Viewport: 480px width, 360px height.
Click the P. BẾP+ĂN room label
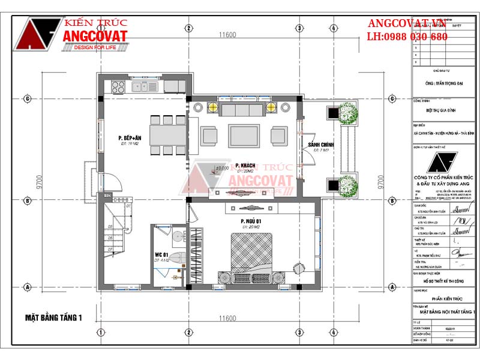point(130,139)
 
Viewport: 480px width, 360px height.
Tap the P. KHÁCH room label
point(245,166)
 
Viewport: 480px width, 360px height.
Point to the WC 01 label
point(160,255)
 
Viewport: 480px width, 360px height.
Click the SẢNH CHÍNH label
point(320,145)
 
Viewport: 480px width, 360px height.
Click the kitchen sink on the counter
point(136,87)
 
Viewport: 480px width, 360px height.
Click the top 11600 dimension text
point(227,35)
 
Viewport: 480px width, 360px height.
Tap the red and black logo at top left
point(37,35)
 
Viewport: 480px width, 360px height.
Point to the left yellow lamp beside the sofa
point(212,107)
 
